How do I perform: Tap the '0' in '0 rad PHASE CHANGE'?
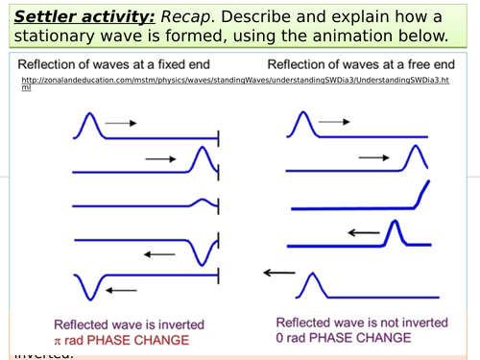pos(280,338)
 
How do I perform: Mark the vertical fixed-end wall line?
pos(220,205)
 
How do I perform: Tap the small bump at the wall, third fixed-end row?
pos(203,202)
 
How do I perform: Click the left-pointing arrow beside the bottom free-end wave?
pos(279,273)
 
